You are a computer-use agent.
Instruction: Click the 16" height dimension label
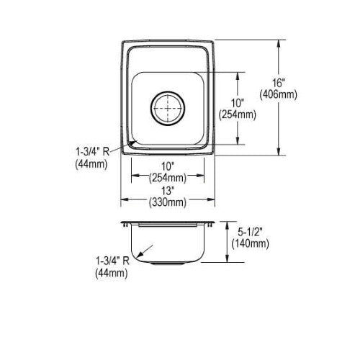point(278,83)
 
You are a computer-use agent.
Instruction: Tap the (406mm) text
point(278,94)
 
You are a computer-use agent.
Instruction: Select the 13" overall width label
point(167,191)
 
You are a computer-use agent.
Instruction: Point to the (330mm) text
point(168,202)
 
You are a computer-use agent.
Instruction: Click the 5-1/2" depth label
point(251,232)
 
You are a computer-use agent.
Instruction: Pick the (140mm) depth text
point(250,243)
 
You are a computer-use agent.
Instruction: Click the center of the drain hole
point(168,109)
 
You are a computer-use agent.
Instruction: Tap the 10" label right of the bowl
point(238,103)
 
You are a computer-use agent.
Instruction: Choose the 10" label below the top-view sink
point(167,166)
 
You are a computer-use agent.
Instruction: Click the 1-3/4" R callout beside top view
point(92,152)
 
